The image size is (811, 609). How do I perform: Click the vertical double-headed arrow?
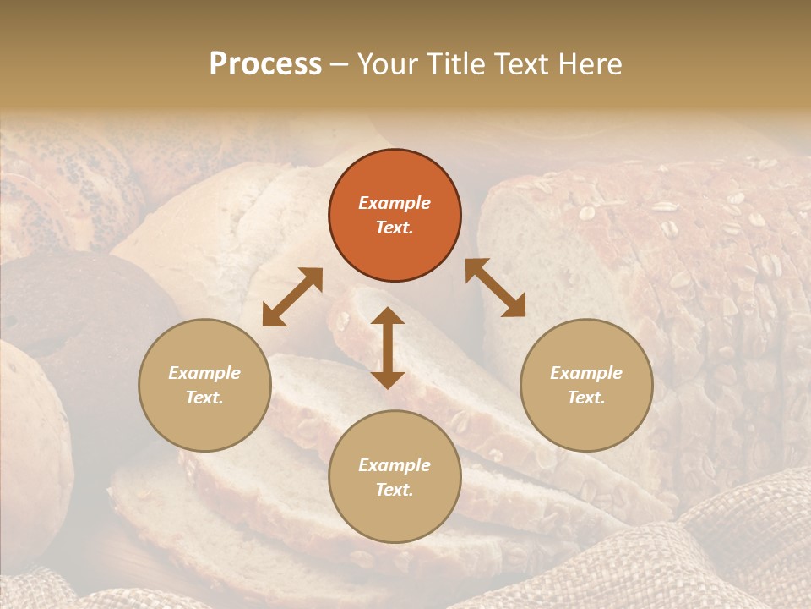(388, 348)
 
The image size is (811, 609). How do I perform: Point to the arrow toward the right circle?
(495, 288)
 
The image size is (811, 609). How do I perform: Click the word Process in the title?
(265, 64)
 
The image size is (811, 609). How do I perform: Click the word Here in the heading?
(589, 64)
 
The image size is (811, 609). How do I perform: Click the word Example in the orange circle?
(395, 203)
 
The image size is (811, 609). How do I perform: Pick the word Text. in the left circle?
(204, 398)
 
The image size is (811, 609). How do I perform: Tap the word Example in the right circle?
(586, 373)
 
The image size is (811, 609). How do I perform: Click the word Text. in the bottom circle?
(395, 490)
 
